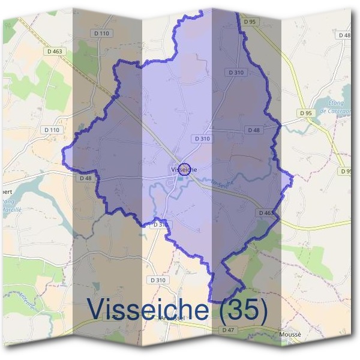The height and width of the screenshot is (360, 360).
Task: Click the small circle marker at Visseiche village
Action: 185,169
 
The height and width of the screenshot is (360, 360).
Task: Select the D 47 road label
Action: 228,330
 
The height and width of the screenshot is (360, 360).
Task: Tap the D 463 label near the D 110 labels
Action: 54,52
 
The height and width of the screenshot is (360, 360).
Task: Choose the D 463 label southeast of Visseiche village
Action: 266,212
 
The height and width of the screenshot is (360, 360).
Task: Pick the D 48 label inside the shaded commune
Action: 254,130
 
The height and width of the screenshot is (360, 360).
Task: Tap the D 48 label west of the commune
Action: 85,178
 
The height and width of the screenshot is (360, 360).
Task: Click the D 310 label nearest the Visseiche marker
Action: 202,139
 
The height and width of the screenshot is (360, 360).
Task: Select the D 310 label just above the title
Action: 157,280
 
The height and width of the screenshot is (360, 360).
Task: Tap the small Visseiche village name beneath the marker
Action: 184,170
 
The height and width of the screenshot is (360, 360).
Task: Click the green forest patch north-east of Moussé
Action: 312,258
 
